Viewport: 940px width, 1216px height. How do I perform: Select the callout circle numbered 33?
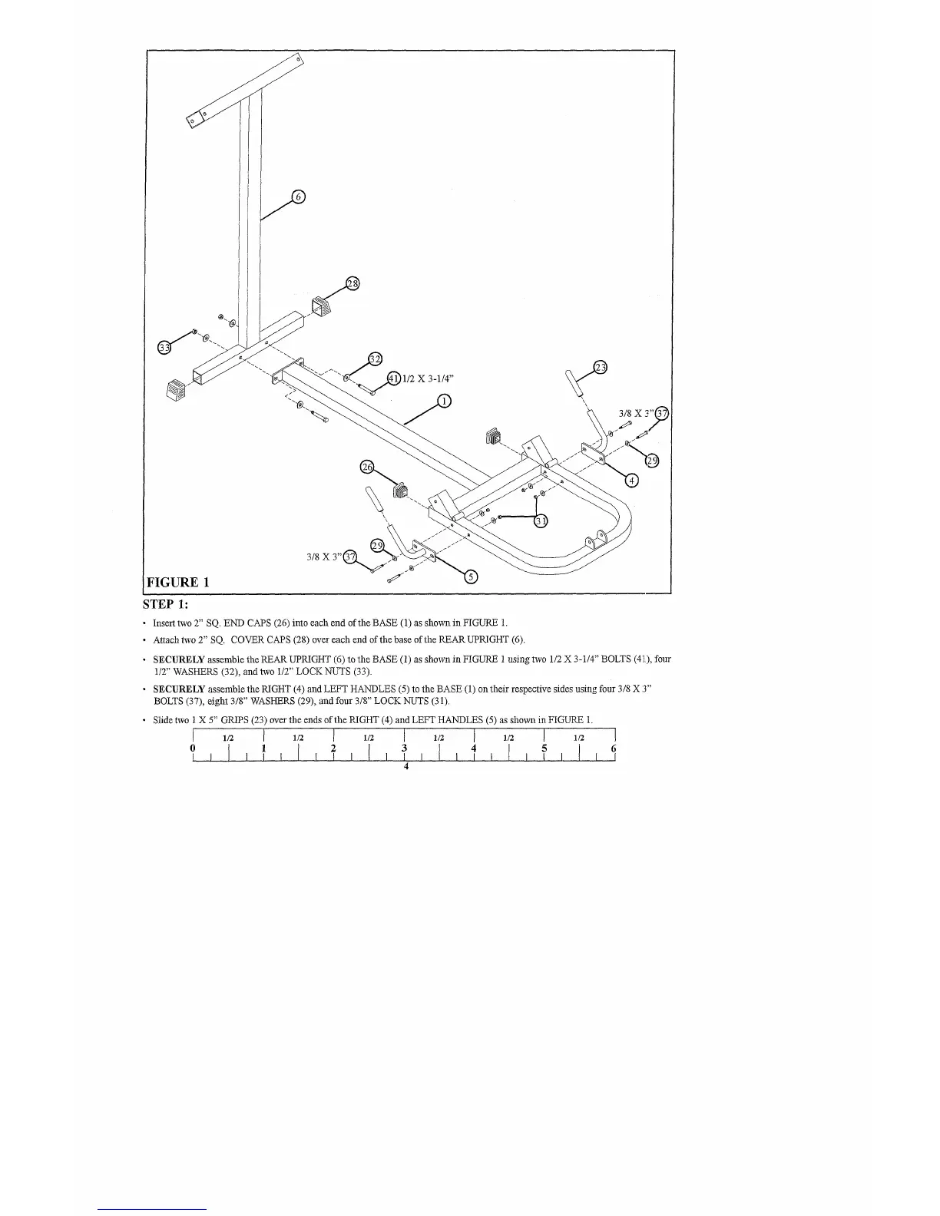[x=164, y=348]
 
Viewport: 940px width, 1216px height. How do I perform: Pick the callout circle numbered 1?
[x=443, y=400]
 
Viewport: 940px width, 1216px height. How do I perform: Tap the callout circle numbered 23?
[x=601, y=367]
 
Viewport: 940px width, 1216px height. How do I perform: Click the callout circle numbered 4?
[x=631, y=481]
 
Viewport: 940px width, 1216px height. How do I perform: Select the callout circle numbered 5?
[x=472, y=577]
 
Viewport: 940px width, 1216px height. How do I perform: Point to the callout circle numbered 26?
[x=367, y=468]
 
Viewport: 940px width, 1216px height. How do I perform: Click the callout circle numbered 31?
[x=541, y=522]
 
